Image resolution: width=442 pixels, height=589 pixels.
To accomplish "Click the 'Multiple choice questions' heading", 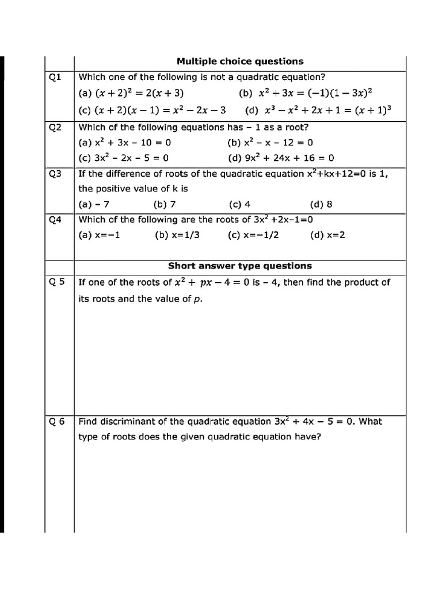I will (x=240, y=62).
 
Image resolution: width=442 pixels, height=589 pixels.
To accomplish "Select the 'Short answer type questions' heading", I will (x=240, y=266).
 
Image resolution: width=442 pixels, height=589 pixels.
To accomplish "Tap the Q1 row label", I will (x=56, y=77).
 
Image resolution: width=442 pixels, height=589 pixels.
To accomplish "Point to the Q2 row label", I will (x=56, y=127).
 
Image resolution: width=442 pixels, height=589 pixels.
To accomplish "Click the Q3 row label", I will (x=56, y=173).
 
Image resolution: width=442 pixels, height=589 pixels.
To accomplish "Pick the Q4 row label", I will (x=56, y=219).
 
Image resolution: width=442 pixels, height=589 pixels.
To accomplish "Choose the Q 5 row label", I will (x=57, y=282).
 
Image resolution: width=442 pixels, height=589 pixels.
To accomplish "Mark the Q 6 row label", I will (x=57, y=421).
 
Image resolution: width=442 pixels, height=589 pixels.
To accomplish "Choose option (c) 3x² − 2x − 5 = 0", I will (x=124, y=158).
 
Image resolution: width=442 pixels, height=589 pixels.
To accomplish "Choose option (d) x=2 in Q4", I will (x=327, y=235).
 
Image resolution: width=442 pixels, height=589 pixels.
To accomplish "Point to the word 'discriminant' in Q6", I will (x=122, y=421).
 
